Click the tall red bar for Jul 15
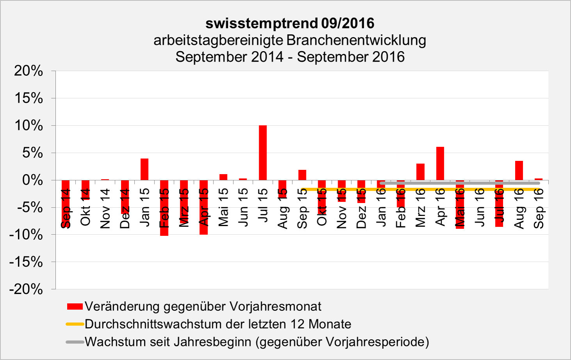point(263,153)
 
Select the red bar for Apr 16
point(440,164)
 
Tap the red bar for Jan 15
point(144,169)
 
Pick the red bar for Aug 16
point(519,171)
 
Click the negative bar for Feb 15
point(164,208)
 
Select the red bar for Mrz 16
point(420,172)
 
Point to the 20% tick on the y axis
point(28,71)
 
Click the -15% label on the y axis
point(26,262)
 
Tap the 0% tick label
point(32,180)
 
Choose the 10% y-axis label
point(28,125)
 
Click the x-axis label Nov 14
point(105,209)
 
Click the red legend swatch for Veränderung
point(75,307)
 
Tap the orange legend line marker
point(75,324)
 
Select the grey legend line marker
point(75,342)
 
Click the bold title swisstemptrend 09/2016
point(290,23)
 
